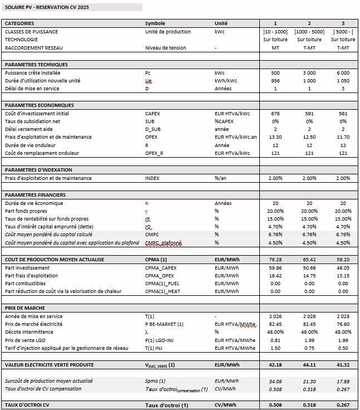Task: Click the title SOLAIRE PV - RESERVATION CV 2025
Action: (47, 7)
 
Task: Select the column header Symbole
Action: (155, 23)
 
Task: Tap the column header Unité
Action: (221, 23)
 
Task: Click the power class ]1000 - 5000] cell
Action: (309, 32)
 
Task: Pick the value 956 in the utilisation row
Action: (275, 81)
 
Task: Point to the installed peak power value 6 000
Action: (343, 73)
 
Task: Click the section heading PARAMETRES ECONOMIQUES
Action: (39, 105)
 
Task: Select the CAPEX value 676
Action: (275, 114)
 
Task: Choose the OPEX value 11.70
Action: (343, 137)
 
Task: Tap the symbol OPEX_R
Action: (155, 153)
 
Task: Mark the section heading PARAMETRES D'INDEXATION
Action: (40, 170)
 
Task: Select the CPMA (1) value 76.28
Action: (275, 260)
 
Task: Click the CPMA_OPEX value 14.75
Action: (309, 276)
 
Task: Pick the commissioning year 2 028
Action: (343, 316)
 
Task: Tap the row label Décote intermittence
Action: (29, 333)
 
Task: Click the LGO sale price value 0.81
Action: (275, 340)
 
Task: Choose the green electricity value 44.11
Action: (309, 365)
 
